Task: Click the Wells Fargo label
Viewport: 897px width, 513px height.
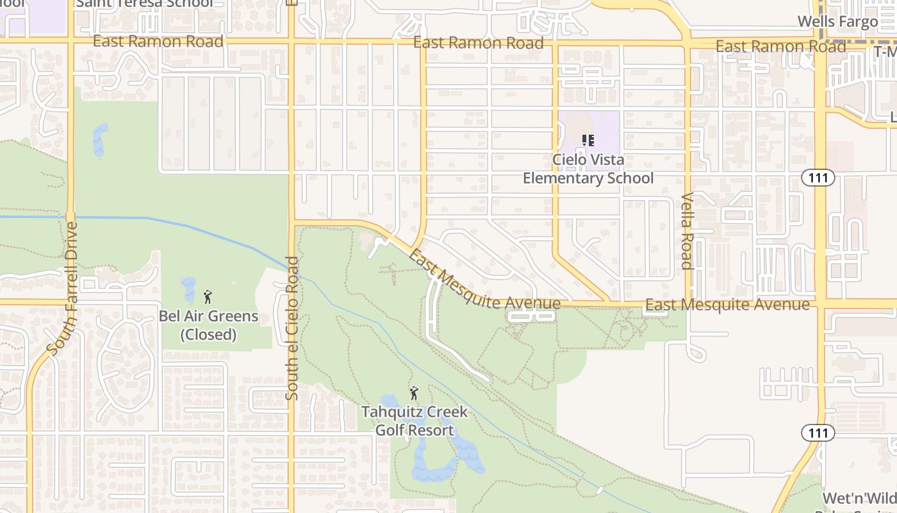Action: (837, 21)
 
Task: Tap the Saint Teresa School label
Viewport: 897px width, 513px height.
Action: (144, 3)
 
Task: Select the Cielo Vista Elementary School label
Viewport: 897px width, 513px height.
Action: (588, 169)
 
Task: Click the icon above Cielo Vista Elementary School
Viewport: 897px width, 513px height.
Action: (588, 140)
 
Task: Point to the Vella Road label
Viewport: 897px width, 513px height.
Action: (687, 231)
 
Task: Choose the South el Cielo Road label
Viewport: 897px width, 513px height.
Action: (292, 328)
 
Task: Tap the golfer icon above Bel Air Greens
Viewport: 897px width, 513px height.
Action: (207, 297)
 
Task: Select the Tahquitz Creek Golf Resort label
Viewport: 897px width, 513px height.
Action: (415, 421)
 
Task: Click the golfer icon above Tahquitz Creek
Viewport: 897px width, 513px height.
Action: (414, 393)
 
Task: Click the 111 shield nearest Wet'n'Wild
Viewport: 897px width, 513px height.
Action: (818, 433)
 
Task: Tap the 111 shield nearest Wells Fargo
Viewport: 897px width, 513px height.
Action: (818, 178)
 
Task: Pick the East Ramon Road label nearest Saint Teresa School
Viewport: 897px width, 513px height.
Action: (158, 42)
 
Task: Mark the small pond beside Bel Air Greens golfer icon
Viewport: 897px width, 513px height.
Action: (188, 289)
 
